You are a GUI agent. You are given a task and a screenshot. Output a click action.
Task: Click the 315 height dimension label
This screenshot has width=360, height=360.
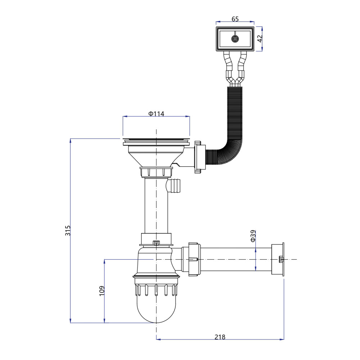tap(68, 230)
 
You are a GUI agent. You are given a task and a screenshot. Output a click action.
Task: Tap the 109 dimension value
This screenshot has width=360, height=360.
tap(102, 291)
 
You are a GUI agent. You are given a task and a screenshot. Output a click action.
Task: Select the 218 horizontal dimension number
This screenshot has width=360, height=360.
tap(220, 337)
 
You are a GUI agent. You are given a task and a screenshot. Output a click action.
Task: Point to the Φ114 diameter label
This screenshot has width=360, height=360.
tap(156, 113)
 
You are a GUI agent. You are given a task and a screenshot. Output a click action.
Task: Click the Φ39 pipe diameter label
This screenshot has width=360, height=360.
tap(253, 236)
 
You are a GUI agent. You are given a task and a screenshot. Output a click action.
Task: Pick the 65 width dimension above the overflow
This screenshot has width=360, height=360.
tap(235, 19)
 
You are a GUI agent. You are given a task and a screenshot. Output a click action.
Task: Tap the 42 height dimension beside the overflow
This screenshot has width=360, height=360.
tap(260, 39)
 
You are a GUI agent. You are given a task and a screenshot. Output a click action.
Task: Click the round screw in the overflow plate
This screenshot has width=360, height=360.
tap(235, 39)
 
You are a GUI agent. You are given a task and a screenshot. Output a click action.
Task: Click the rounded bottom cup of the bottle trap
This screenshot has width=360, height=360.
tap(156, 309)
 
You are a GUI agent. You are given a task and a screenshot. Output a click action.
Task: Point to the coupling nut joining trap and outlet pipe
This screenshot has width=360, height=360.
tap(194, 259)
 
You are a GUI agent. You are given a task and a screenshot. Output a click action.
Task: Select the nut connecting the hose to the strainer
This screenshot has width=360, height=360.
tap(200, 157)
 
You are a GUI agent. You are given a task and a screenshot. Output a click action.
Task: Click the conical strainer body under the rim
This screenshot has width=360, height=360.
tap(156, 157)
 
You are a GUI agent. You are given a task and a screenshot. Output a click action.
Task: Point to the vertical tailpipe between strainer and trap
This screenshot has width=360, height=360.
tap(156, 206)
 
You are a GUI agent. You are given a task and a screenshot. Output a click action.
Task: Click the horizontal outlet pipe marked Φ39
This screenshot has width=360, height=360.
tap(236, 259)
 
